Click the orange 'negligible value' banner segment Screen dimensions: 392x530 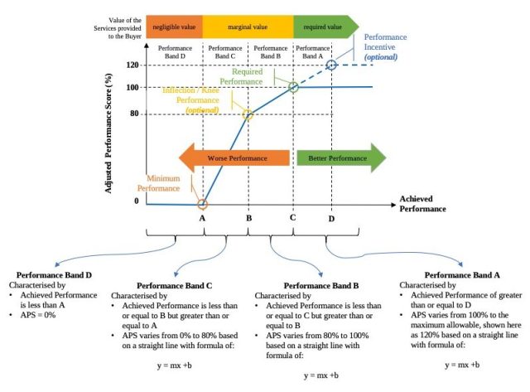(x=173, y=27)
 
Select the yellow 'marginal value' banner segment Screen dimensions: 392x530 (x=247, y=27)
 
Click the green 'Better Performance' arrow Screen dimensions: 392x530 (x=340, y=157)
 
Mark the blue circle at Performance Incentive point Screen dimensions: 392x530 (x=331, y=65)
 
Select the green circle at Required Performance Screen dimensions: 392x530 (x=293, y=87)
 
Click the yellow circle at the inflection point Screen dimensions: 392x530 (x=248, y=114)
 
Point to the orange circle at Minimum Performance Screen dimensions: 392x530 (x=203, y=203)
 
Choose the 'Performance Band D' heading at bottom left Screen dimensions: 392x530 (x=51, y=274)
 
